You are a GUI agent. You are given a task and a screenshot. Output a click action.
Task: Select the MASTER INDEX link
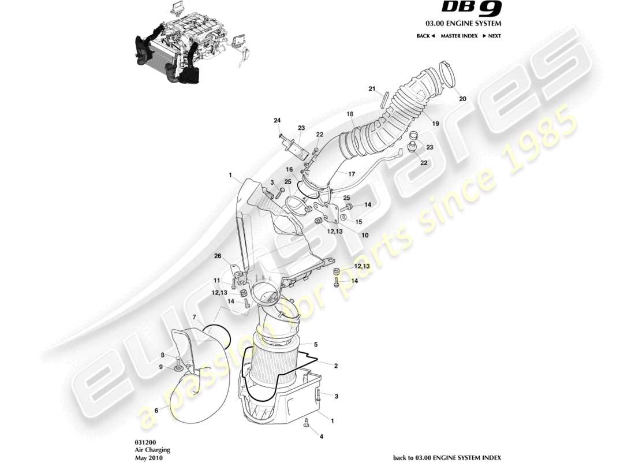coord(459,36)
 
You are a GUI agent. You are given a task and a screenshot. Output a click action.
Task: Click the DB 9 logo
coord(472,8)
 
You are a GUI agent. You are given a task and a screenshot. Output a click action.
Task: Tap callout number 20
coord(462,99)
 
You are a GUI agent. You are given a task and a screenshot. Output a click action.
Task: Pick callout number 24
coord(277,120)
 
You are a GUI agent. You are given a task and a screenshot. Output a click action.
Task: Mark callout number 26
coord(218,256)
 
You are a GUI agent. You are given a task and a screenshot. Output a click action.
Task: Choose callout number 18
coord(350,115)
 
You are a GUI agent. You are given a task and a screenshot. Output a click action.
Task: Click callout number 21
coord(372,88)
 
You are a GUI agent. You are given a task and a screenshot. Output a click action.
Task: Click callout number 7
coord(195,316)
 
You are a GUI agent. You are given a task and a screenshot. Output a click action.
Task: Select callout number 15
coord(358,222)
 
